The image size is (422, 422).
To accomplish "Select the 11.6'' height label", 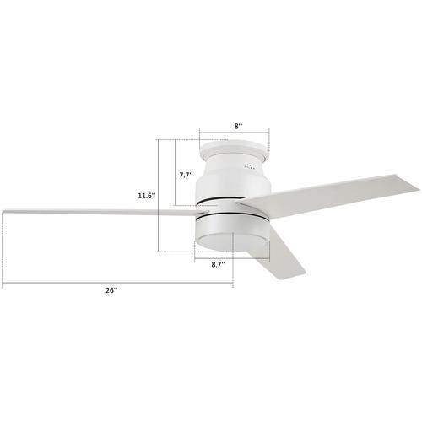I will coord(146,196).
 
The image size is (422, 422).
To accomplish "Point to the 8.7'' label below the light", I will coord(217,264).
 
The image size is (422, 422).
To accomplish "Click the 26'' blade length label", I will coord(111,290).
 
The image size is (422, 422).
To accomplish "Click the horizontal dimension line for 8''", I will coord(234,133).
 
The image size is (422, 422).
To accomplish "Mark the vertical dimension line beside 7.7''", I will coord(174,173).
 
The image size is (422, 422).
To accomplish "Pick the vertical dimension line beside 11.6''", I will coord(160,196).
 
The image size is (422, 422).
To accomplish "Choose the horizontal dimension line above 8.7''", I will coord(232,257).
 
